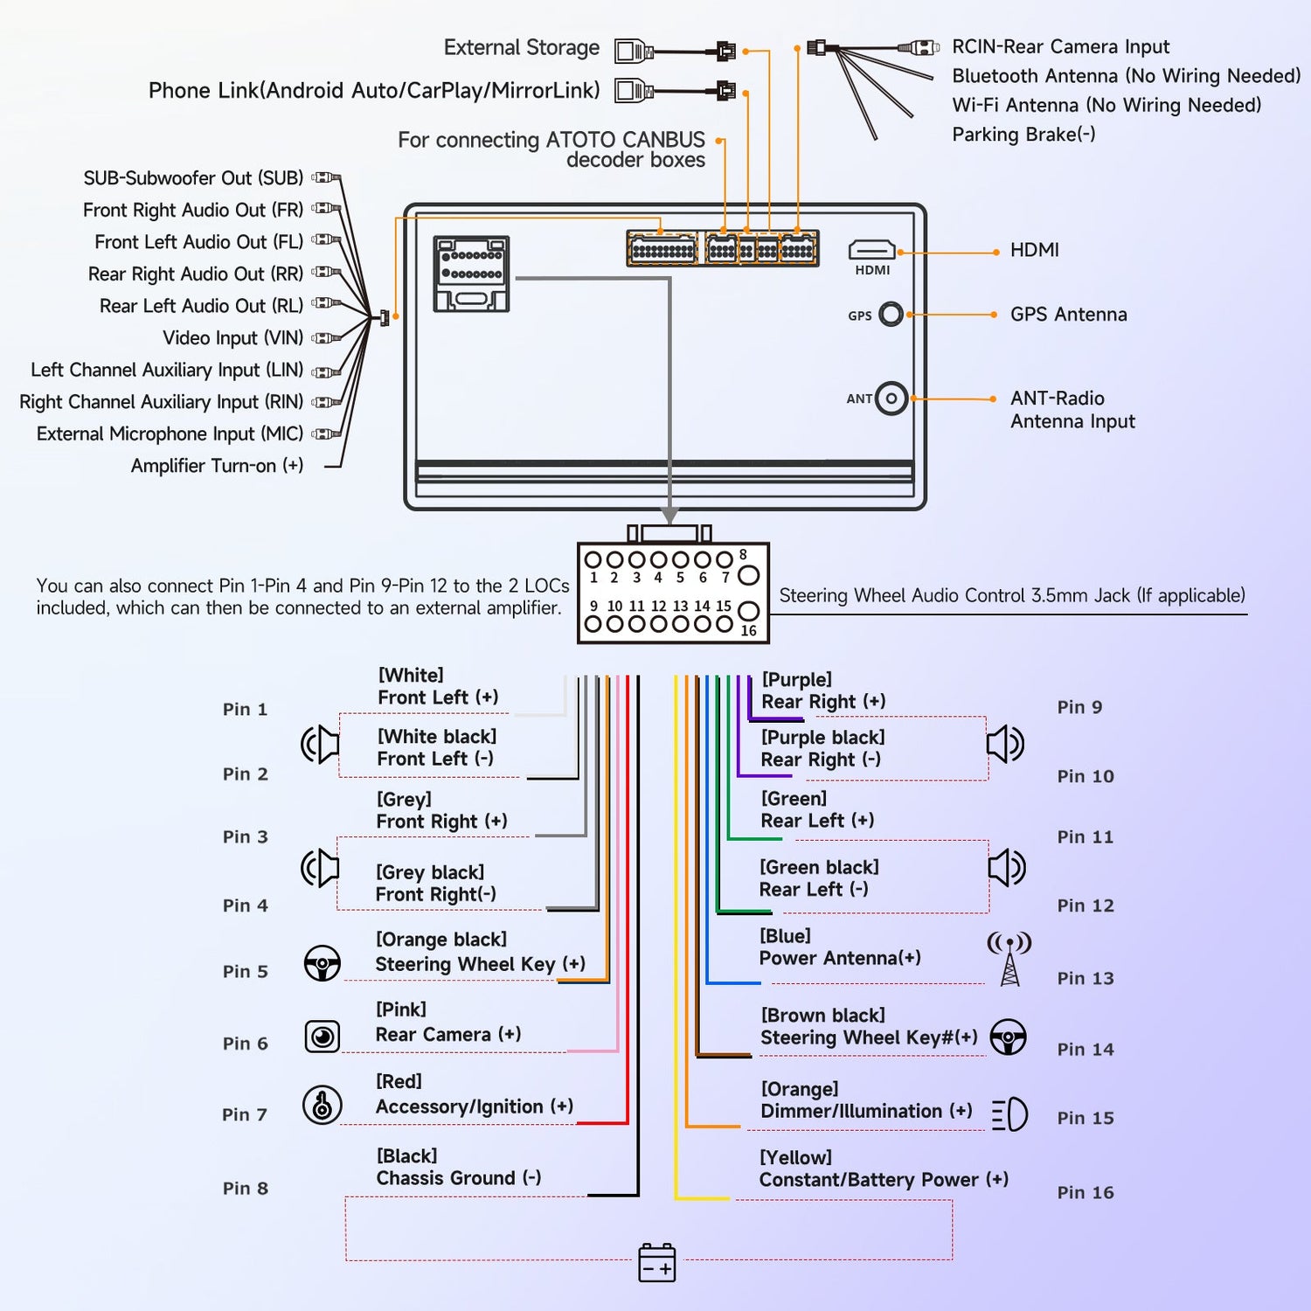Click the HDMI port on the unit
871,250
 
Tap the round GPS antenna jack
891,314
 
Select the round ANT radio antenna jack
891,399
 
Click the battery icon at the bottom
657,1263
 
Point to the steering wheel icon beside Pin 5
323,963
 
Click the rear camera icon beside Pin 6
323,1037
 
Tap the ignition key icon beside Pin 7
322,1105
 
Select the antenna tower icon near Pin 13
1009,959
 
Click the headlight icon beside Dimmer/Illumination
1009,1114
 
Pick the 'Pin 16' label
1086,1192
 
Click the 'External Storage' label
522,47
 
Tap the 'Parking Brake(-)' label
1023,135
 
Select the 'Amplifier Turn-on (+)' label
218,466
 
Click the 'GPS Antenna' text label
1069,315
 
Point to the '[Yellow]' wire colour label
795,1157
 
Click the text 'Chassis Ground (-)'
459,1178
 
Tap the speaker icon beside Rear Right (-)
1006,744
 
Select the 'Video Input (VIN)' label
233,338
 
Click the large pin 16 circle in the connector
748,611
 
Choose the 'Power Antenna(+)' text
840,958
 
